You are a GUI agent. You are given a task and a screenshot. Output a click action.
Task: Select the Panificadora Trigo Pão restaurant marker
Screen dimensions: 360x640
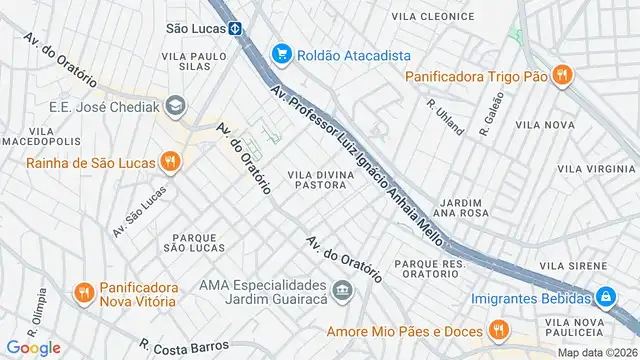coord(562,74)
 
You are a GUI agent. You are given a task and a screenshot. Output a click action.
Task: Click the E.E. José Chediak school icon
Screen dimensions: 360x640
coord(176,106)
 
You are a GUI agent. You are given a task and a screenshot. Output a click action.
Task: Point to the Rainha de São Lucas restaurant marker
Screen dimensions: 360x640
coord(171,159)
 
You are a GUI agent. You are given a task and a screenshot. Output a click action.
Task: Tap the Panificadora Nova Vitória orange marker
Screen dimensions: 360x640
coord(84,293)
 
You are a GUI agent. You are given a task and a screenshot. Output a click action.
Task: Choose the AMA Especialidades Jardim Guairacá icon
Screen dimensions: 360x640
coord(343,293)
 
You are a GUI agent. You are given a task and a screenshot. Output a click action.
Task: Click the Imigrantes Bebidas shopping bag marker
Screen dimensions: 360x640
coord(605,297)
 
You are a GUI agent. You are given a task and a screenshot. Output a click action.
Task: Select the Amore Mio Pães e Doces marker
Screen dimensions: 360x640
coord(497,331)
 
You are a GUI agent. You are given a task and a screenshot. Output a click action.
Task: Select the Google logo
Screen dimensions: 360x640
coord(32,347)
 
